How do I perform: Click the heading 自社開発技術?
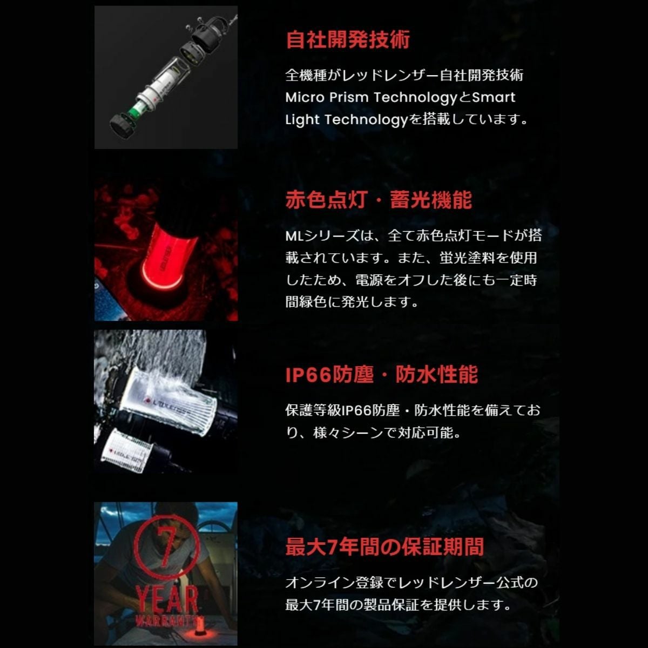pyautogui.click(x=348, y=40)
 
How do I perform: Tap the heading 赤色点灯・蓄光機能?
pyautogui.click(x=379, y=200)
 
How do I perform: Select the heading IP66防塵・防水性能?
pyautogui.click(x=382, y=374)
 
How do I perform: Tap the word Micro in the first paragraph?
pyautogui.click(x=305, y=98)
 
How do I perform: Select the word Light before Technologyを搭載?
pyautogui.click(x=302, y=120)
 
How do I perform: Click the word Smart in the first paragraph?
pyautogui.click(x=494, y=98)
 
